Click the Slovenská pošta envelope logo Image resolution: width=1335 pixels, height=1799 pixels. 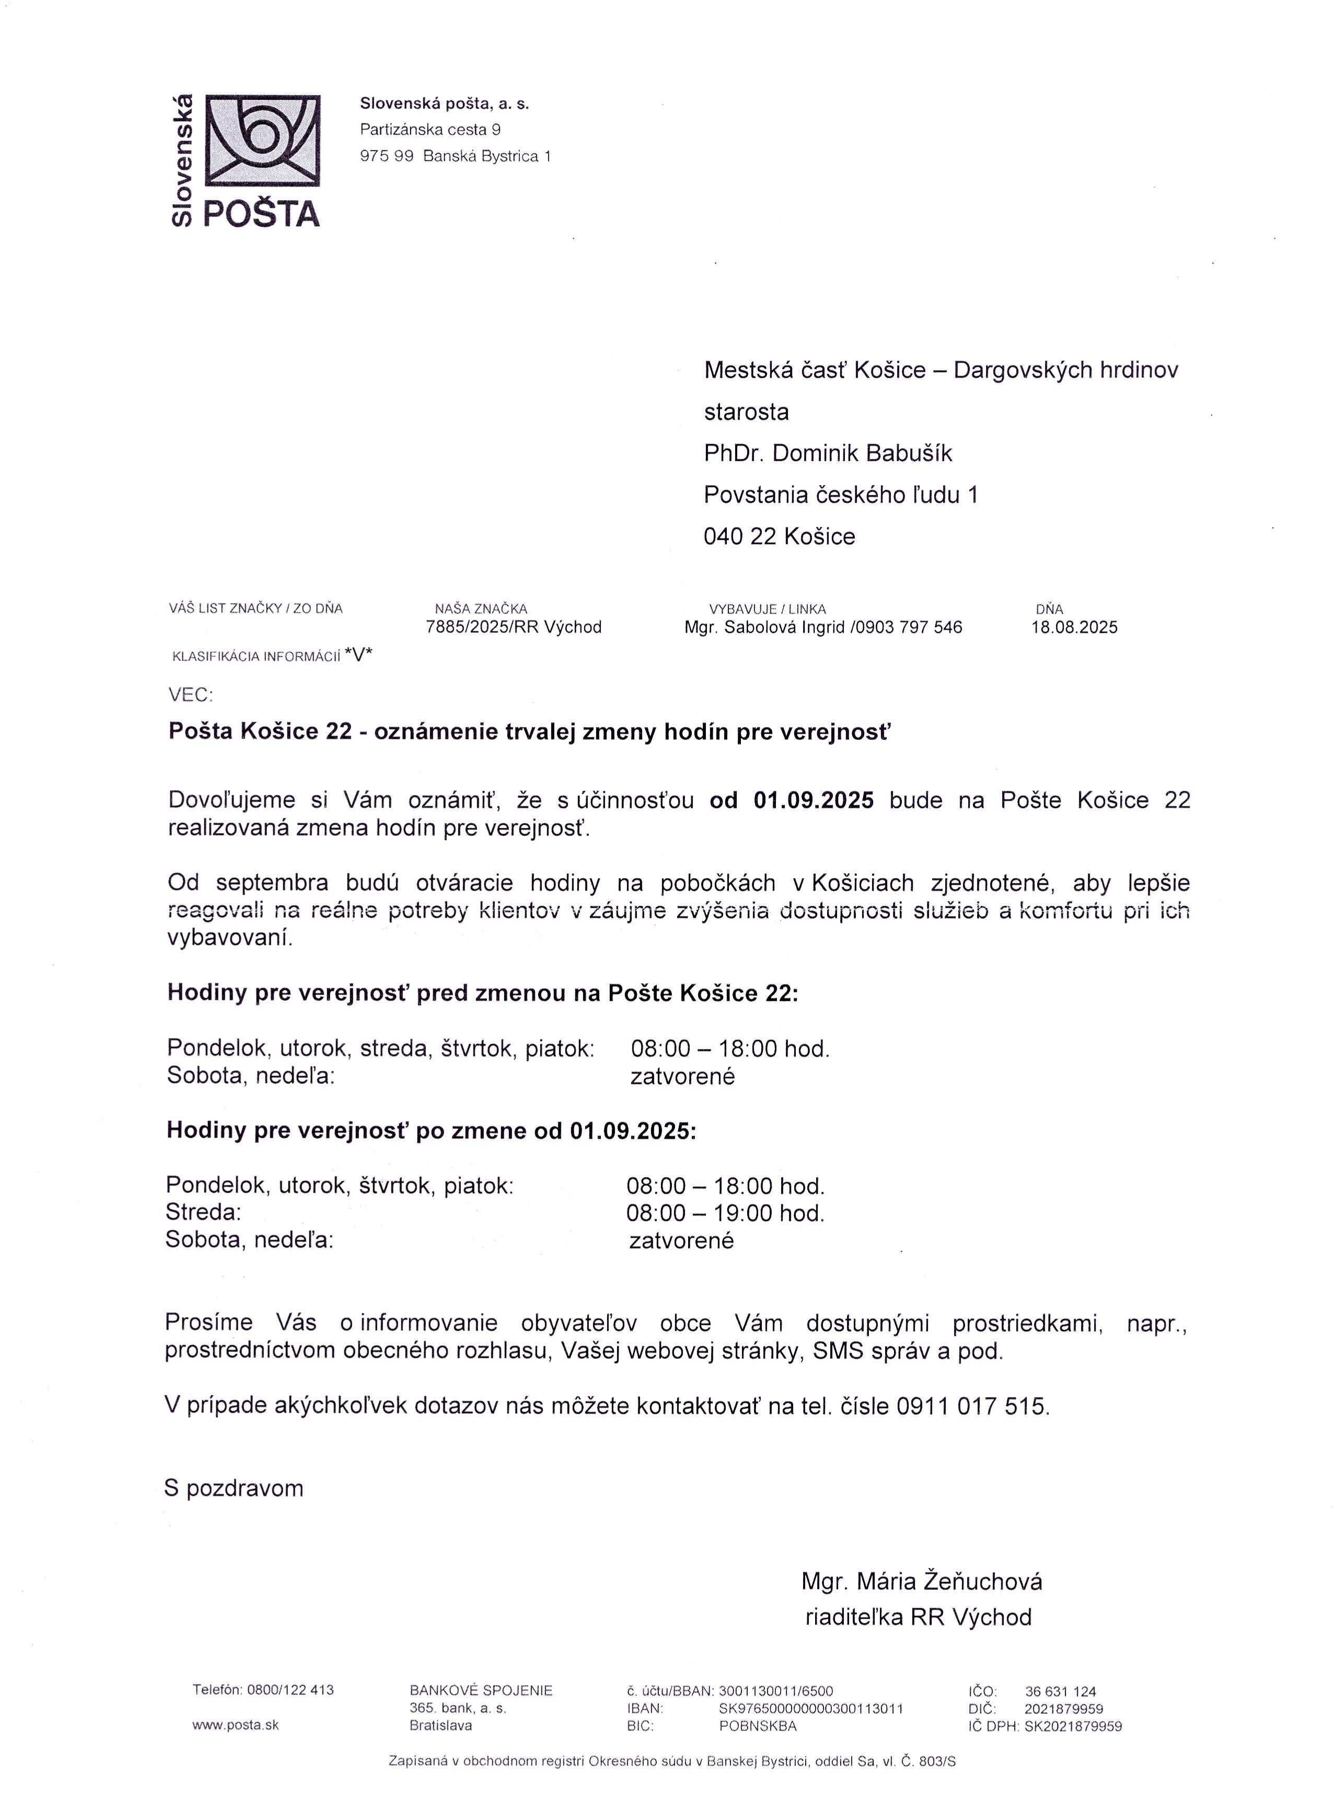(x=263, y=140)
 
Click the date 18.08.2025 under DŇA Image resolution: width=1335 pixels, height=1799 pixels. (x=1074, y=627)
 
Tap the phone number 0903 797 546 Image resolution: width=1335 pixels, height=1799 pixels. (x=909, y=627)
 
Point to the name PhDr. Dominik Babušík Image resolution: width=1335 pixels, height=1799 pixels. (x=828, y=453)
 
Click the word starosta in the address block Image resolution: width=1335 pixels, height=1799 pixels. (x=746, y=412)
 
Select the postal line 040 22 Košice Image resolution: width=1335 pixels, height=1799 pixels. (x=779, y=537)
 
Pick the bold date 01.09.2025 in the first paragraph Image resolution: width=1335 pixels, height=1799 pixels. (x=813, y=800)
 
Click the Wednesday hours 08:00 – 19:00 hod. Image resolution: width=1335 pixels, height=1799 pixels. (x=725, y=1213)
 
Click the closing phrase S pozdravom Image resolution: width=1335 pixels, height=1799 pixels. (x=234, y=1489)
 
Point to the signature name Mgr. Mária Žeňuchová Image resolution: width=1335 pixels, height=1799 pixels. (x=921, y=1581)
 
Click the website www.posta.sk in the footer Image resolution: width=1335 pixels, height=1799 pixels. (x=235, y=1725)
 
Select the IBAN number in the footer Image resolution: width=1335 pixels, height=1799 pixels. (x=810, y=1709)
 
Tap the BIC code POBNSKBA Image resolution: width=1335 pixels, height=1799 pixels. (x=757, y=1725)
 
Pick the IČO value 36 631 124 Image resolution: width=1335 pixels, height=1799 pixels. (x=1060, y=1691)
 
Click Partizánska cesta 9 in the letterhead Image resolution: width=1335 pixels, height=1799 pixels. (x=430, y=129)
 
